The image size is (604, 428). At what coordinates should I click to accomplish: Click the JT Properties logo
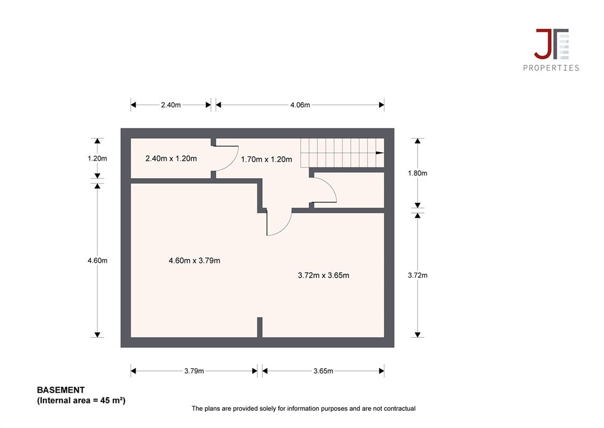point(551,50)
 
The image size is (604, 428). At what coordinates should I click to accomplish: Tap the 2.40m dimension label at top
point(171,105)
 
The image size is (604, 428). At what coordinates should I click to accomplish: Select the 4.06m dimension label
point(300,105)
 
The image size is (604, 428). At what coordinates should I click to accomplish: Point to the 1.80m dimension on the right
point(418,173)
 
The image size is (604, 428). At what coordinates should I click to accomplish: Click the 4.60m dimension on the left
point(97,261)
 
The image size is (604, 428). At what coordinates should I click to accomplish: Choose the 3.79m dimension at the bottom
point(194,371)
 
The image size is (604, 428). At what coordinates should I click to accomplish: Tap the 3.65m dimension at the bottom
point(323,371)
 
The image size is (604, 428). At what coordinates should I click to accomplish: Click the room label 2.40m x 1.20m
point(171,158)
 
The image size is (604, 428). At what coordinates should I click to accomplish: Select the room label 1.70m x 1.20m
point(266,159)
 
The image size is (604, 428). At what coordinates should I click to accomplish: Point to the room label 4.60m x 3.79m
point(194,261)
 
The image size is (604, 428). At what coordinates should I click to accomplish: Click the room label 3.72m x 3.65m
point(324,275)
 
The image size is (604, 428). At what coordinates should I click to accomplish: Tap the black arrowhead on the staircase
point(380,153)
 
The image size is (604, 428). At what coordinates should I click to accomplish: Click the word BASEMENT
point(61,390)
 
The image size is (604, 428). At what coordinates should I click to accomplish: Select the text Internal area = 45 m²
point(81,400)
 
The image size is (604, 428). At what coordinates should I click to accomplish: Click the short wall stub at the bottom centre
point(260,327)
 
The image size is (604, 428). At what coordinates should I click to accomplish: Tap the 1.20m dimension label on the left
point(97,158)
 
